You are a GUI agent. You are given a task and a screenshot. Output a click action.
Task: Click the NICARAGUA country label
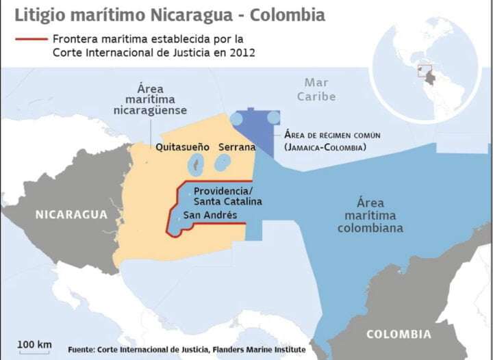click(72, 214)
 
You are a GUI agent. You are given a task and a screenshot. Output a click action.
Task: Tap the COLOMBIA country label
click(399, 335)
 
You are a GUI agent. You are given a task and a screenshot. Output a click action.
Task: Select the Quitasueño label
click(182, 147)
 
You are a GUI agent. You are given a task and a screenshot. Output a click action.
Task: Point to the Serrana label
click(237, 147)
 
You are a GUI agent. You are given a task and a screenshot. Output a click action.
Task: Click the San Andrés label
click(205, 215)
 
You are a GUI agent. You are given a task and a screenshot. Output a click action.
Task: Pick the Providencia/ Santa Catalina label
click(227, 196)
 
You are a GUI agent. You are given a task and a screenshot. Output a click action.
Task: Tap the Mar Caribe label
click(316, 90)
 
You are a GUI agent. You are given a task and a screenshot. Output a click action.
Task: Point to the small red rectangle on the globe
click(425, 69)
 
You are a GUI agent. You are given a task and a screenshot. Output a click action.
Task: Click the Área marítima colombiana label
click(370, 216)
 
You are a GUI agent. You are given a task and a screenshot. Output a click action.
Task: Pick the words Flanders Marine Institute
click(261, 350)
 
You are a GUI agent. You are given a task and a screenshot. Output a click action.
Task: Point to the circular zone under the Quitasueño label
click(196, 164)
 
